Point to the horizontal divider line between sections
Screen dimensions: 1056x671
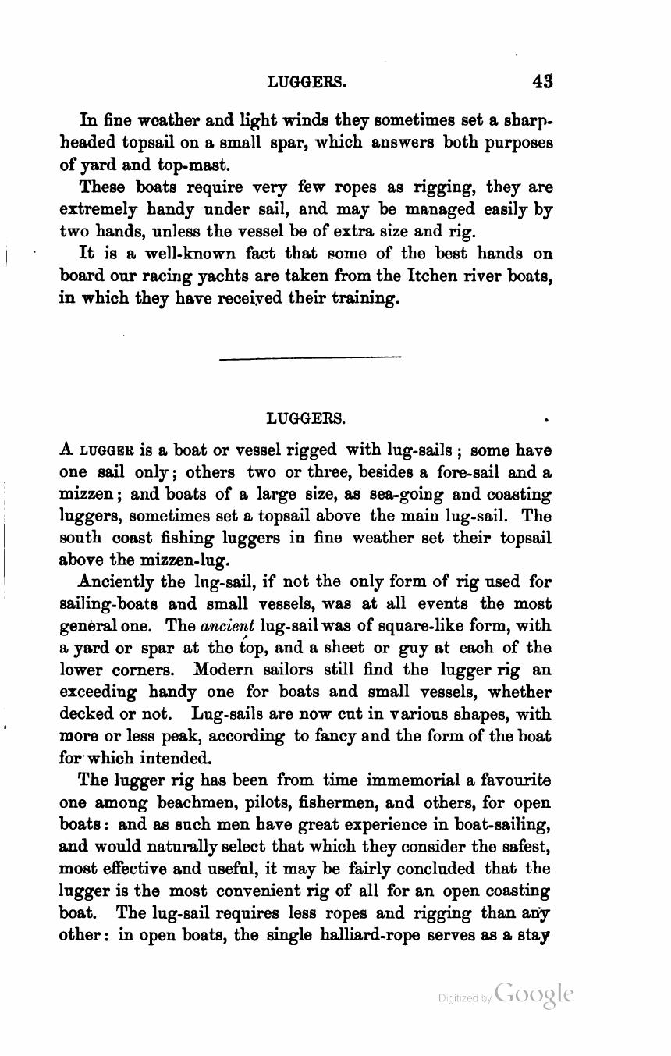pyautogui.click(x=311, y=358)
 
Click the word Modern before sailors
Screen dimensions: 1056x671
pyautogui.click(x=227, y=670)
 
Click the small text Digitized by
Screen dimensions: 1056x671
pyautogui.click(x=464, y=997)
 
